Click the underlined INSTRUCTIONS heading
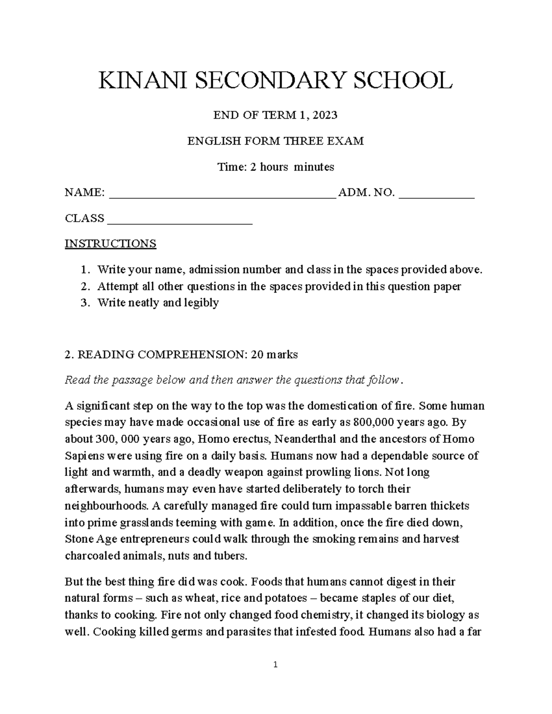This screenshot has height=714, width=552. (x=110, y=243)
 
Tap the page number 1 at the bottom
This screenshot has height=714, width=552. (x=276, y=677)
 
